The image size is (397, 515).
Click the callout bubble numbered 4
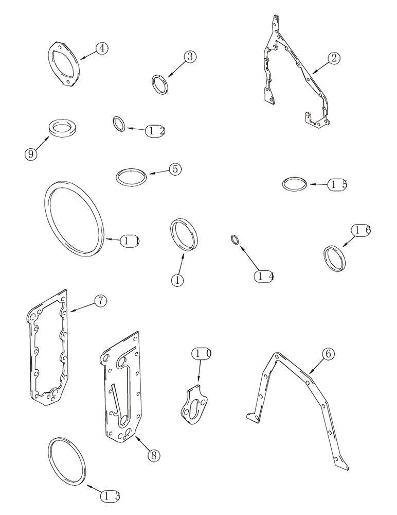[x=102, y=48]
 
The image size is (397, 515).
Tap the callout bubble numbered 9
[x=32, y=153]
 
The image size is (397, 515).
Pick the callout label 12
[x=155, y=131]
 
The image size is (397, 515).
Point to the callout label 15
[x=338, y=184]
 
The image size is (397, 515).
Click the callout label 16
[x=360, y=231]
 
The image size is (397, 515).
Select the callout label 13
[x=110, y=496]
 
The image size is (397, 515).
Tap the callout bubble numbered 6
[x=329, y=354]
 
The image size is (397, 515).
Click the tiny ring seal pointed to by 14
[x=234, y=239]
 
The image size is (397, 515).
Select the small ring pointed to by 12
[x=119, y=124]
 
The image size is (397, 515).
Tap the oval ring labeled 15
[x=296, y=184]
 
